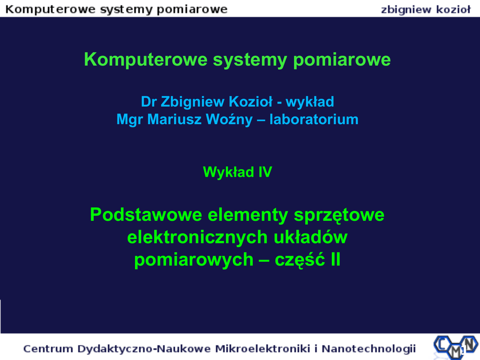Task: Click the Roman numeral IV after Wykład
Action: tap(265, 172)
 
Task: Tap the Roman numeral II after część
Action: tap(335, 260)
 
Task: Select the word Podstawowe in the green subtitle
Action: tap(146, 215)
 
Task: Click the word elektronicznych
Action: tap(197, 237)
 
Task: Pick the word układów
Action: tap(310, 237)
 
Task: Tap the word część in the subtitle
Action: tap(300, 260)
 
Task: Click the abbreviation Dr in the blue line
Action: tap(149, 102)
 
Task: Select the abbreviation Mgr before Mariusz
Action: tap(129, 120)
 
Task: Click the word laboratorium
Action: tap(314, 120)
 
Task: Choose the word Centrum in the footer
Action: tap(48, 349)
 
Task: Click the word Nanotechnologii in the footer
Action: tap(368, 349)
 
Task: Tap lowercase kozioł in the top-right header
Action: tap(453, 10)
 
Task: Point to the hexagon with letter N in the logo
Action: tap(469, 344)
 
